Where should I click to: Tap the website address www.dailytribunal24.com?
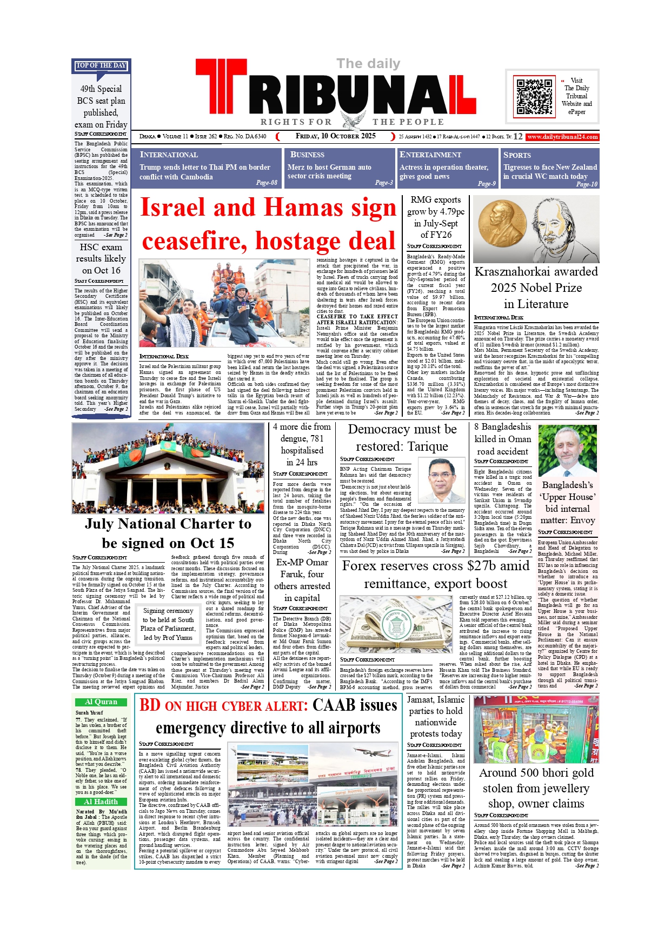point(562,137)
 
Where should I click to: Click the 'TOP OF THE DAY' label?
point(101,65)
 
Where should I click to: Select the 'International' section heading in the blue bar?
point(169,155)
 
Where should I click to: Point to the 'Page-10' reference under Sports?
point(586,184)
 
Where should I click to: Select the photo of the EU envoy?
point(567,451)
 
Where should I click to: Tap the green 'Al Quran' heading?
point(101,702)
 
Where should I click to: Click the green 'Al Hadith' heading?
point(101,802)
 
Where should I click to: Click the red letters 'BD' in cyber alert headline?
point(150,705)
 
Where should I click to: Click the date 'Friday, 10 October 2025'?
point(335,136)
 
